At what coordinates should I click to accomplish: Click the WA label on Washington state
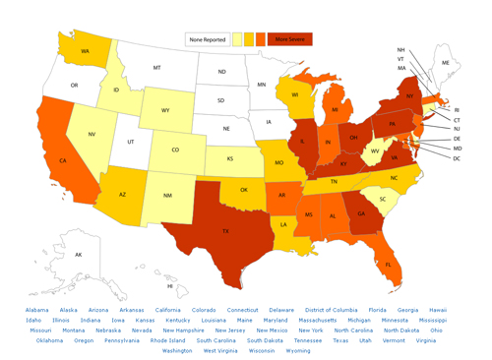point(85,50)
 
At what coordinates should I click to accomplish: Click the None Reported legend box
point(207,39)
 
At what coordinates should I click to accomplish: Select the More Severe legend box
point(289,39)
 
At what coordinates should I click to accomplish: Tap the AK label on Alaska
point(79,255)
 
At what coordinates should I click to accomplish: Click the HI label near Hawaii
point(169,286)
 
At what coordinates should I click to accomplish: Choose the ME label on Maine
point(446,62)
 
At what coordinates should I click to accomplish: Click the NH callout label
point(400,49)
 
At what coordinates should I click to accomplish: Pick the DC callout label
point(456,158)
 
